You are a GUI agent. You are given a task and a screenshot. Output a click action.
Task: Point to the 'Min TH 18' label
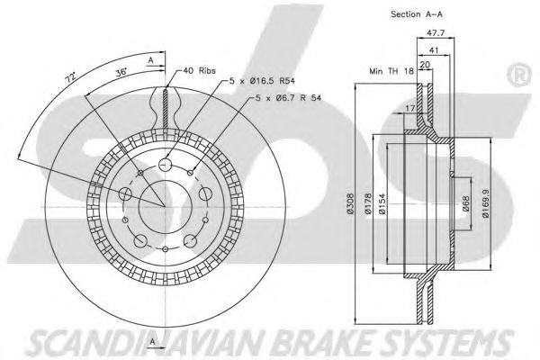click(x=390, y=70)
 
